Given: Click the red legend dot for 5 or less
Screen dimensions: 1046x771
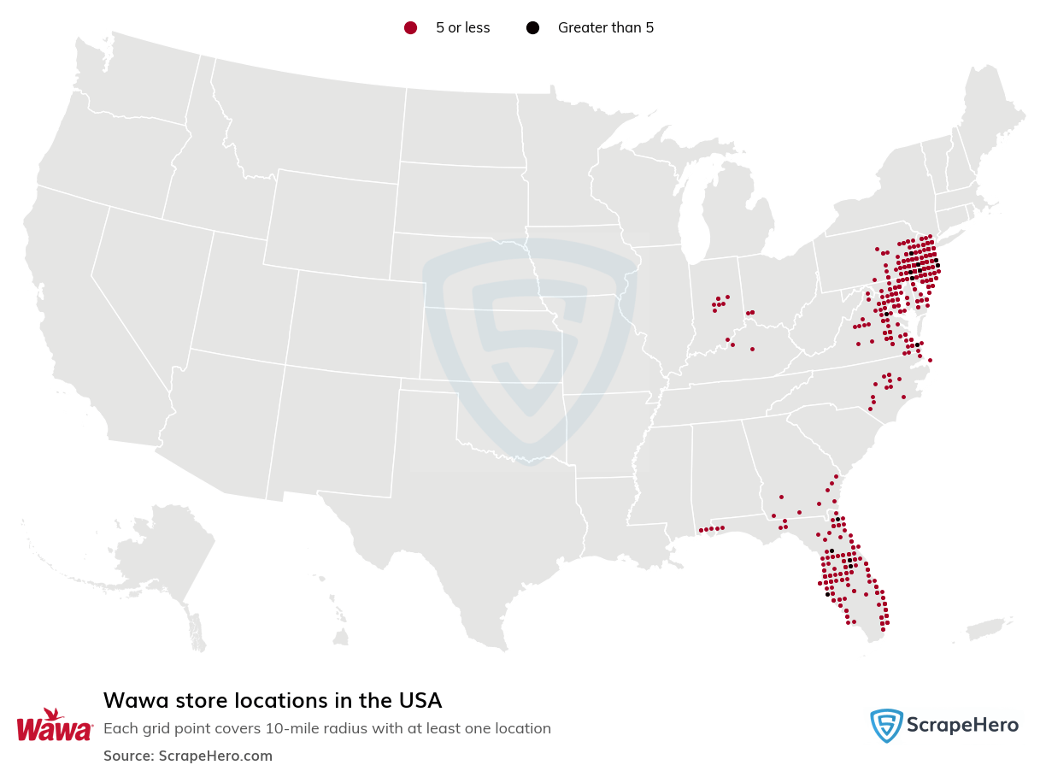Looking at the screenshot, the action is [x=410, y=28].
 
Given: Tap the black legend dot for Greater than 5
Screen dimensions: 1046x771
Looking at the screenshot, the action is [x=532, y=28].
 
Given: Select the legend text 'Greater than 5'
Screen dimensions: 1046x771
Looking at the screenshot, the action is [x=605, y=28].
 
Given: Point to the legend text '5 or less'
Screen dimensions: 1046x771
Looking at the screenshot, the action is [x=462, y=28].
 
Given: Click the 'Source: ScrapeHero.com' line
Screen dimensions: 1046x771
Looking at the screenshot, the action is [x=188, y=756].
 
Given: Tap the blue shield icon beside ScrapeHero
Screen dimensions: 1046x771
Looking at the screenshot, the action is [x=886, y=726].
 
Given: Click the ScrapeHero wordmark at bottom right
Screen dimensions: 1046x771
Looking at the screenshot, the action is [x=962, y=726].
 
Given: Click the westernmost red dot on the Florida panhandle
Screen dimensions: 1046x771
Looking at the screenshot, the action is [x=701, y=530].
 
